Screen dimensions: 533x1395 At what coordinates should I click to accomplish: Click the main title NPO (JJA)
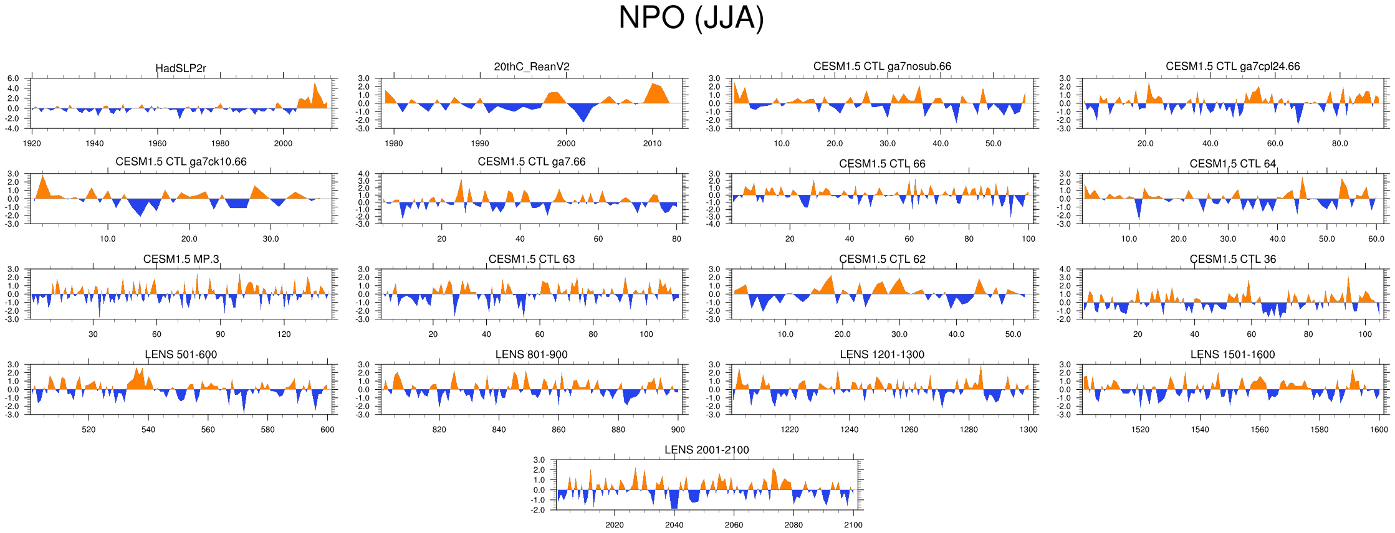click(691, 17)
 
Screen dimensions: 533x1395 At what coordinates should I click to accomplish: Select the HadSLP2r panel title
click(181, 68)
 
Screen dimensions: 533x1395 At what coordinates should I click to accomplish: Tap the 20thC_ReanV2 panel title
click(532, 67)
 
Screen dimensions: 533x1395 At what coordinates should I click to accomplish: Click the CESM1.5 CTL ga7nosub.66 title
click(882, 66)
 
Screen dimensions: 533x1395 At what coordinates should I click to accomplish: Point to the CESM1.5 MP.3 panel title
click(181, 259)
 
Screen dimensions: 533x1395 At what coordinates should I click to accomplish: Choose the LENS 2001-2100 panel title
click(706, 450)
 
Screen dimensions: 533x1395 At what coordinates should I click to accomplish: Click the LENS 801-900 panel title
click(531, 354)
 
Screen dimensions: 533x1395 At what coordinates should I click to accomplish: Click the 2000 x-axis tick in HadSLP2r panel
click(283, 143)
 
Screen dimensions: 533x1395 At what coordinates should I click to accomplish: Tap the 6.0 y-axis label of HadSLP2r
click(13, 78)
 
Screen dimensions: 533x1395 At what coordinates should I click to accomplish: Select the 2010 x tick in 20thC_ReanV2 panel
click(652, 143)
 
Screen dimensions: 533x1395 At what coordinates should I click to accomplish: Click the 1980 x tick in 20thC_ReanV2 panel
click(394, 143)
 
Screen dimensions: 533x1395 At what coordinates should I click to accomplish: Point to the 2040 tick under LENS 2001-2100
click(674, 525)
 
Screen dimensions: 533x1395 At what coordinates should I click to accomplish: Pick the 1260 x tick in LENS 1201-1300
click(909, 430)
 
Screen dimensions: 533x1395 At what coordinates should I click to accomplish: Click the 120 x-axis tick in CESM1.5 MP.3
click(284, 334)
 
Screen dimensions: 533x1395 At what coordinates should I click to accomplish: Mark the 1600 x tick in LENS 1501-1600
click(1379, 430)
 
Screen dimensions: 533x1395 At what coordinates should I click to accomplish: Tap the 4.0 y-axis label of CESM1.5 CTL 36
click(1065, 270)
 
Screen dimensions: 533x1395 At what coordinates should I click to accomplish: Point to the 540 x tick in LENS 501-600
click(148, 430)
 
